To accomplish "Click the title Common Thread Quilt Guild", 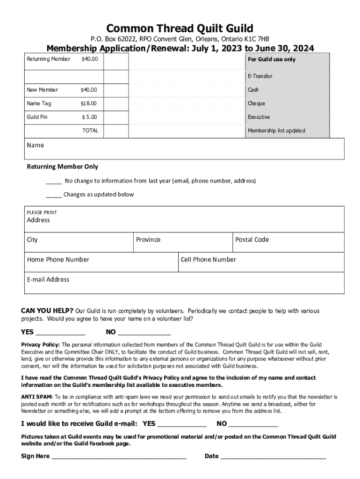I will (180, 28).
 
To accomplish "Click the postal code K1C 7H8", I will (257, 39).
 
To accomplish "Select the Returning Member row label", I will (49, 59).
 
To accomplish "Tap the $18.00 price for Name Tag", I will (89, 103).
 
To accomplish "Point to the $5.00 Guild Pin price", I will (89, 117).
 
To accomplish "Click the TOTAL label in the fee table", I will (90, 131).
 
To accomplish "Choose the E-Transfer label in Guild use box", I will (260, 76).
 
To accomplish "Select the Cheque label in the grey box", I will (256, 103).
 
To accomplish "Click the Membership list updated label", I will (276, 131).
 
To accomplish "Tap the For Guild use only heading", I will (272, 59).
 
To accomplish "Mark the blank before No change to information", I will (54, 181).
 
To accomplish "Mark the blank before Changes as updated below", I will (54, 195).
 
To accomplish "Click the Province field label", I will (148, 239).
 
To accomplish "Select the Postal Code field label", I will (252, 239).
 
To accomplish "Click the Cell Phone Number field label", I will (208, 260).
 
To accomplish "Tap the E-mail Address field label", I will (48, 279).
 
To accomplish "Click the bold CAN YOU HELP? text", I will (47, 311).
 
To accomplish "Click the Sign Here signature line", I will (119, 457).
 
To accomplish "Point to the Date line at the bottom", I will (273, 457).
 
